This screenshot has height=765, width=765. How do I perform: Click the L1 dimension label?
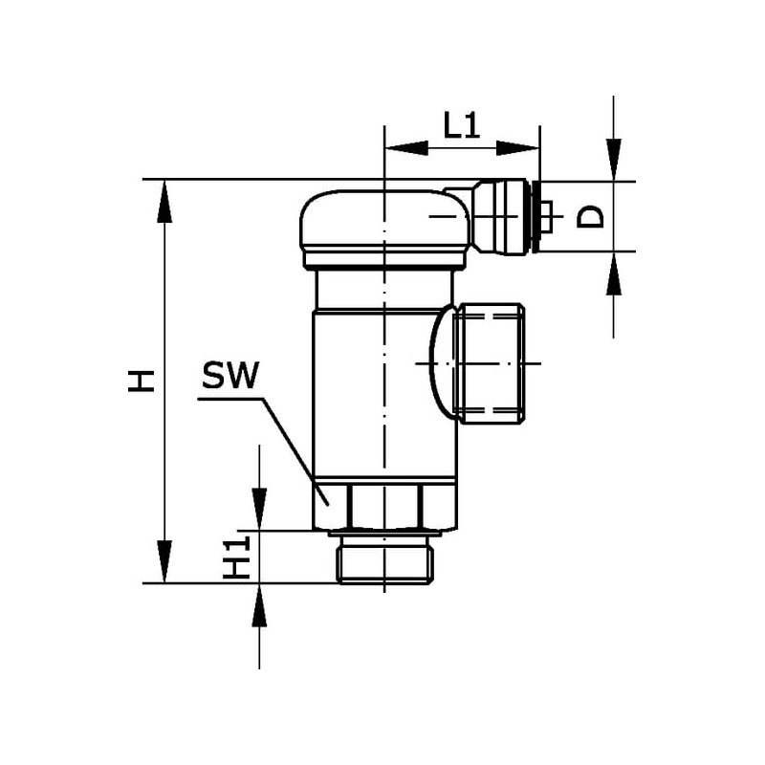462,125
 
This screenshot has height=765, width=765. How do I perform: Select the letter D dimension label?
590,217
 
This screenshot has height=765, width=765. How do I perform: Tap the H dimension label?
142,381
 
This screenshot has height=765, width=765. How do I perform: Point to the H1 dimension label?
236,557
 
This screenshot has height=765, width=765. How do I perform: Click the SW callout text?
230,375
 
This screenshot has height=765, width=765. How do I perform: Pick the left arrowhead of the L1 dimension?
406,148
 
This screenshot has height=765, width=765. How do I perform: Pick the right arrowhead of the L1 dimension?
518,148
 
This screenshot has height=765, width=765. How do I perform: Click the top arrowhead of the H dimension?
164,201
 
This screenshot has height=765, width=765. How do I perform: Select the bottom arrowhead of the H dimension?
164,561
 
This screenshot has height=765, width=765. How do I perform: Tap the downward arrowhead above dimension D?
614,160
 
